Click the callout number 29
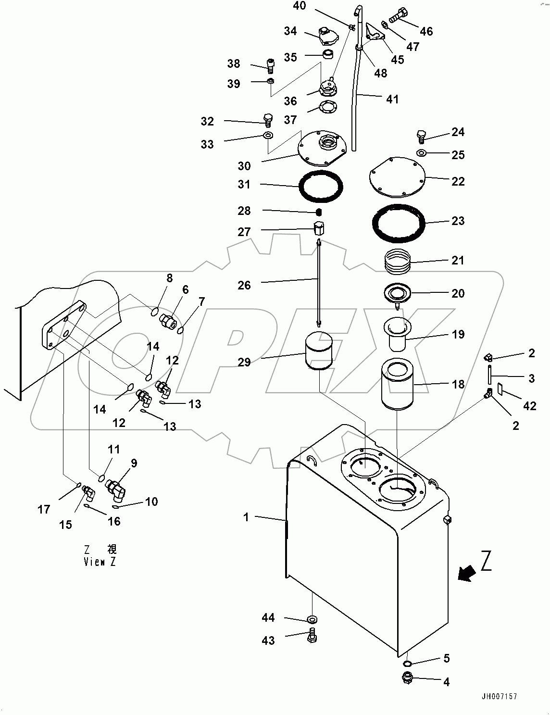(244, 362)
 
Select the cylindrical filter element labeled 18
(397, 386)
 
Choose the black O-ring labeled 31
(322, 185)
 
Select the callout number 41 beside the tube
(392, 99)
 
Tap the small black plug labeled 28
(318, 212)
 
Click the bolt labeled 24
(422, 136)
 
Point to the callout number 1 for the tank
(246, 518)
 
